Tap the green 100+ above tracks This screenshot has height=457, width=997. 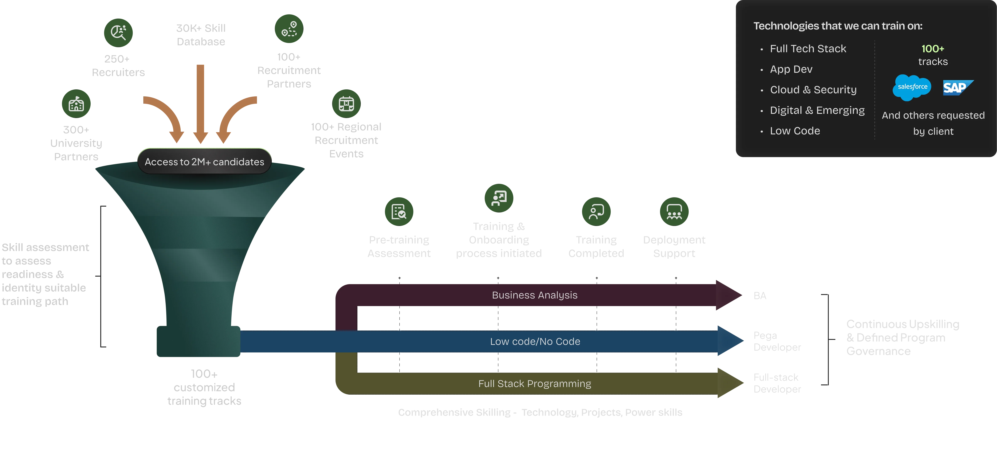coord(933,49)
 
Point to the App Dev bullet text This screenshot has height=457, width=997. coord(791,69)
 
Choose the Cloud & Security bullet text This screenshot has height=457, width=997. coord(813,90)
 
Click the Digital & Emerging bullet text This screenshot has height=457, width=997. coord(817,110)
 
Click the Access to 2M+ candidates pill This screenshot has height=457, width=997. coord(204,162)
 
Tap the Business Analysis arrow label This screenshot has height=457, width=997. coord(534,295)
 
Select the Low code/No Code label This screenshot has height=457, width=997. coord(535,341)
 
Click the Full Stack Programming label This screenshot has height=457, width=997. coord(534,384)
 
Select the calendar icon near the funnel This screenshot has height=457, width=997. coord(346,104)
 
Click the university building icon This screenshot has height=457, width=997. coord(76,104)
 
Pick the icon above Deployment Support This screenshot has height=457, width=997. coord(674,211)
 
